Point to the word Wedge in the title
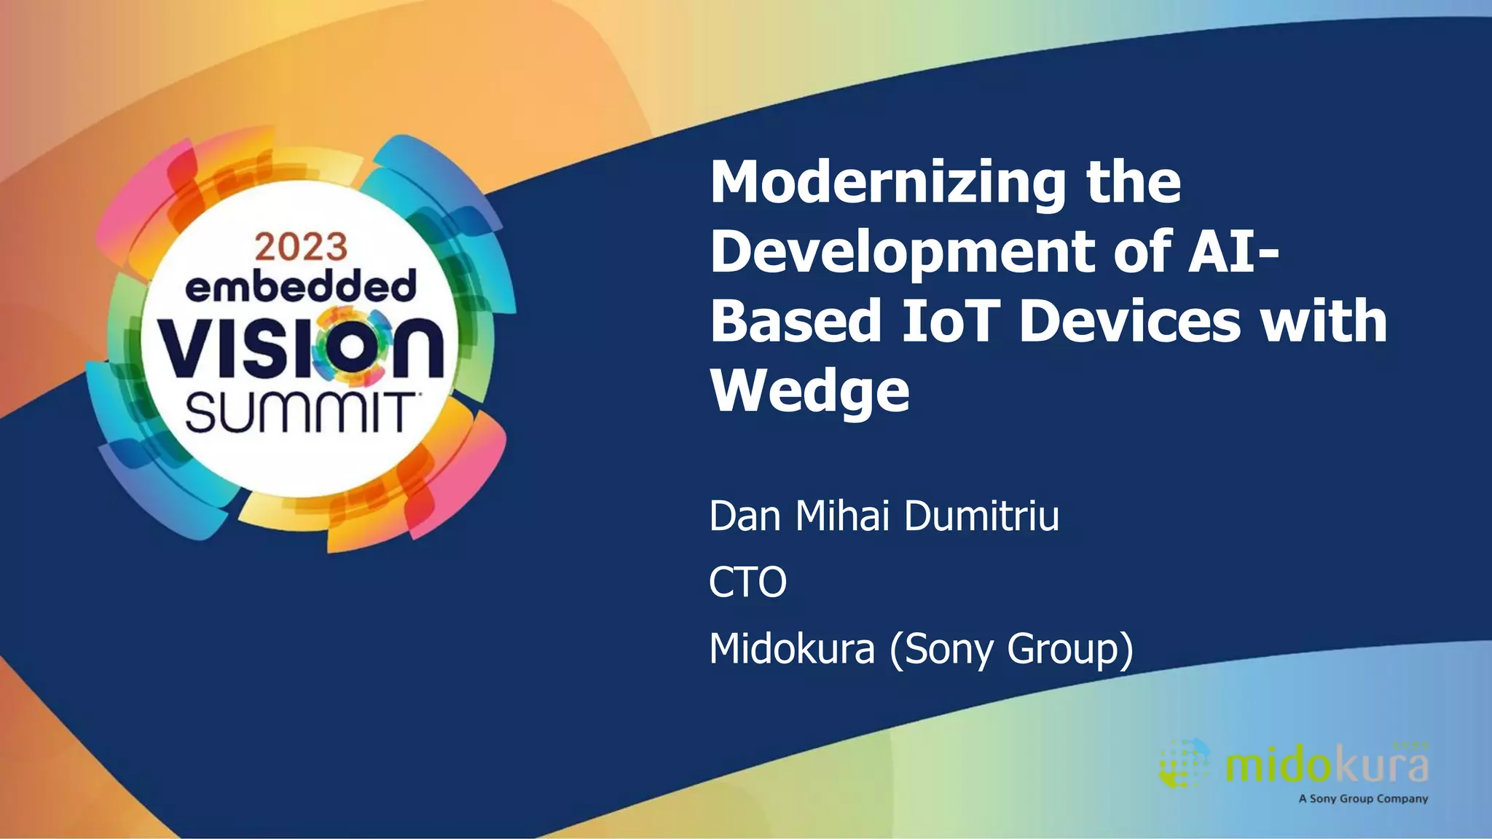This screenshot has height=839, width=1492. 810,391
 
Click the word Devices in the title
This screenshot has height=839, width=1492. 1129,321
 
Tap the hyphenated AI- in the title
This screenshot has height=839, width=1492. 1233,251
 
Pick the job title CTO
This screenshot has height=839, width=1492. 747,582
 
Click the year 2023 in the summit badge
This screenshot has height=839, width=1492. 301,247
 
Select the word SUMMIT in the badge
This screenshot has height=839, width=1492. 299,413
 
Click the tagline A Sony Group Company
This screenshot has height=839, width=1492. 1362,799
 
